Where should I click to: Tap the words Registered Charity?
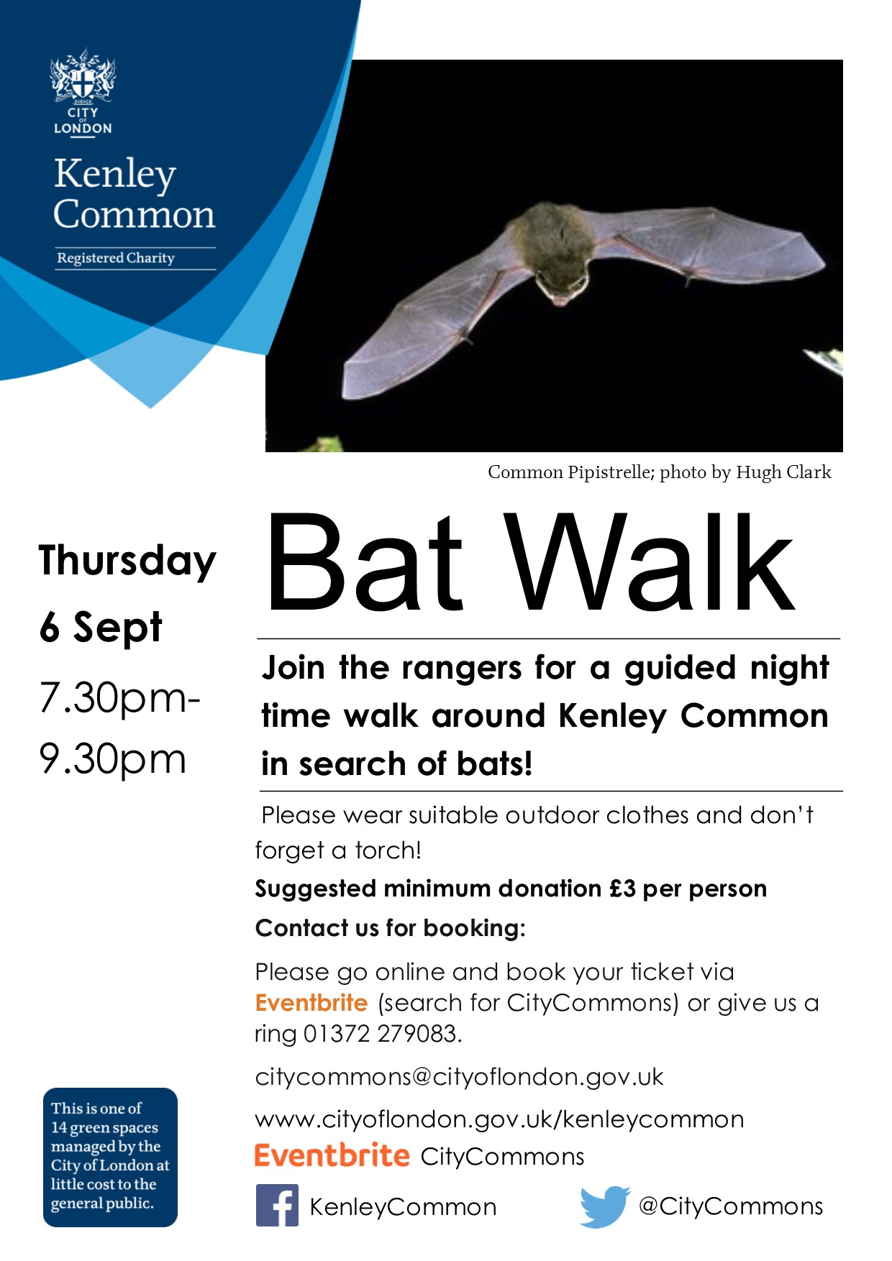pos(116,258)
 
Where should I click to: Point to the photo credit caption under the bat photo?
pos(659,472)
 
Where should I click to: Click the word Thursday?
pos(127,561)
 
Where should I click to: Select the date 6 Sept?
pos(101,627)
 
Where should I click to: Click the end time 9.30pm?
pos(113,759)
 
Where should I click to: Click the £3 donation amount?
pos(622,889)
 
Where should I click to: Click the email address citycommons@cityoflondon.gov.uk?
pos(459,1077)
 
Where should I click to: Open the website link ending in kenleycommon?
pos(499,1119)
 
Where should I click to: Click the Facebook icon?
pos(277,1206)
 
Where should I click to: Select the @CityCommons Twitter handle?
pos(730,1206)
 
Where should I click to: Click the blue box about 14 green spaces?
pos(110,1156)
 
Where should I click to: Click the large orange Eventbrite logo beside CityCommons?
pos(332,1156)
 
